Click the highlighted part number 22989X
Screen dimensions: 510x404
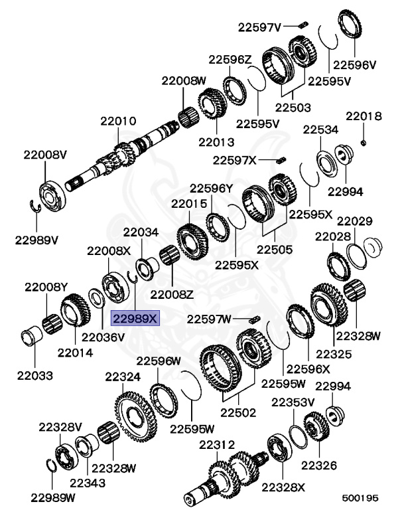tap(135, 319)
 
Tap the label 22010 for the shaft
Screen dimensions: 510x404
tap(118, 122)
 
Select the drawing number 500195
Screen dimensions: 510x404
tap(360, 497)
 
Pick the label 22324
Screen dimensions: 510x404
tap(123, 377)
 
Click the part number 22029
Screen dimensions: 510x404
tap(355, 220)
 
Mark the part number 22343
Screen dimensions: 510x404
tap(88, 483)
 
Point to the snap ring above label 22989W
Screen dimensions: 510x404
tap(56, 468)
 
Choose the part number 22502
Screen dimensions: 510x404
tap(238, 412)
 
